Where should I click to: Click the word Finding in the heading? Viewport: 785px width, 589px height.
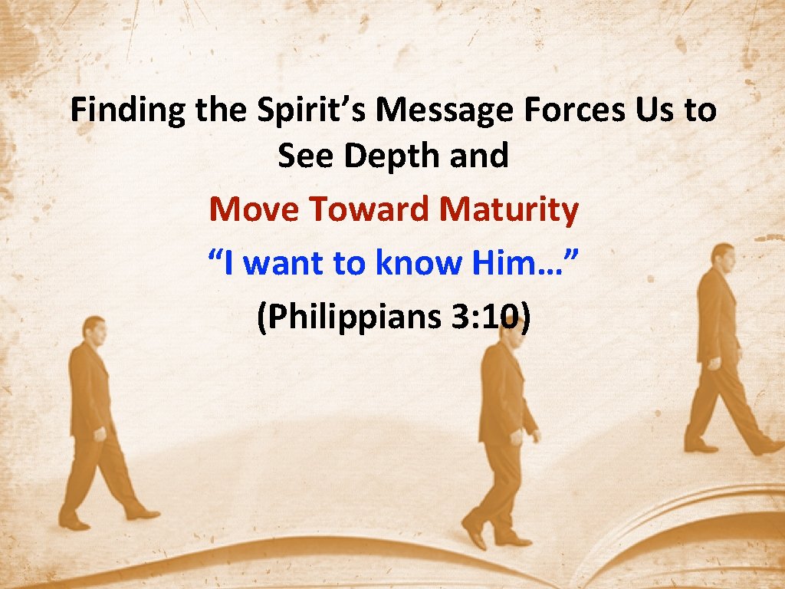tap(127, 111)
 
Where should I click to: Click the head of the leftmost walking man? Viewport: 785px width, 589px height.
tap(94, 331)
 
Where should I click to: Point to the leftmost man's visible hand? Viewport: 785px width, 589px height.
tap(99, 434)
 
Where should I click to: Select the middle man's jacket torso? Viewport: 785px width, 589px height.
tap(501, 395)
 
